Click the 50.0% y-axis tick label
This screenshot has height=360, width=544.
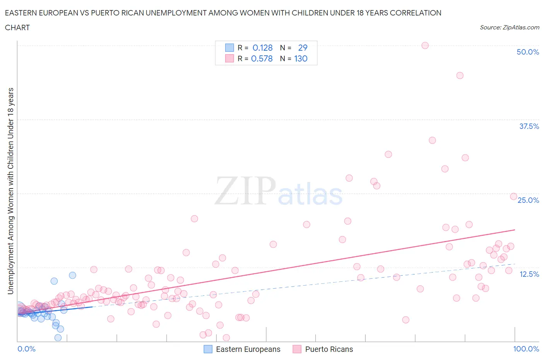pyautogui.click(x=528, y=52)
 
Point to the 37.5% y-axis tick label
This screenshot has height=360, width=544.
pyautogui.click(x=529, y=126)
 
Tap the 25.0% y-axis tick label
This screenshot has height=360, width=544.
pyautogui.click(x=528, y=200)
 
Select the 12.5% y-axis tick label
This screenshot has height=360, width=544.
pyautogui.click(x=529, y=274)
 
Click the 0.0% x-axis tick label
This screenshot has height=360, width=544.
pyautogui.click(x=26, y=349)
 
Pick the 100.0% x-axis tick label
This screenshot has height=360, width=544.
pyautogui.click(x=526, y=349)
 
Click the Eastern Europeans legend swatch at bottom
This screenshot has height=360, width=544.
pyautogui.click(x=208, y=349)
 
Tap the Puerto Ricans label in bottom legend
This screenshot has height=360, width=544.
pyautogui.click(x=329, y=349)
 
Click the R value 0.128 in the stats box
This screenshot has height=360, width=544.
pyautogui.click(x=262, y=48)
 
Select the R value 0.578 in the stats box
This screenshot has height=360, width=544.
pyautogui.click(x=262, y=59)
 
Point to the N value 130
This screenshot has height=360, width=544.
pyautogui.click(x=301, y=59)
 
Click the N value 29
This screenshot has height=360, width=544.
pyautogui.click(x=303, y=48)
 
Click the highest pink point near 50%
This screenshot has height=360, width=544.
pyautogui.click(x=425, y=45)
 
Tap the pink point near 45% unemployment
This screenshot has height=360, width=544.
pyautogui.click(x=460, y=75)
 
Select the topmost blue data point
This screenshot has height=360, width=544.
pyautogui.click(x=72, y=275)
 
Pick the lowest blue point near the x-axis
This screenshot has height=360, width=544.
pyautogui.click(x=58, y=338)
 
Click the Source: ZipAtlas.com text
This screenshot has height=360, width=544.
pyautogui.click(x=509, y=27)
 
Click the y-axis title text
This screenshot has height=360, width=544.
pyautogui.click(x=10, y=191)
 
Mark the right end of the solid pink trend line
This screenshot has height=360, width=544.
pyautogui.click(x=515, y=230)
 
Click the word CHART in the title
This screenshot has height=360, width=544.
pyautogui.click(x=17, y=27)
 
